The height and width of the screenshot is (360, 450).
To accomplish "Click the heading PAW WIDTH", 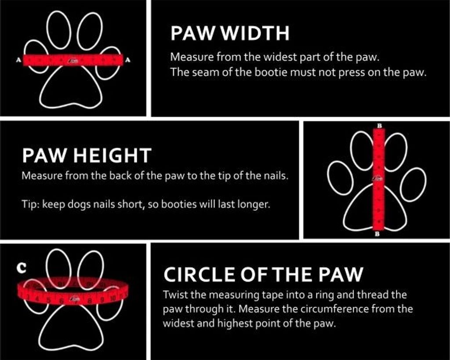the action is pyautogui.click(x=230, y=33).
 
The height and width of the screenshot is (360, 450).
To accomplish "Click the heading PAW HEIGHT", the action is pyautogui.click(x=87, y=155).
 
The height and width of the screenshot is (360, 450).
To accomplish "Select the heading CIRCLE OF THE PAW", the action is pyautogui.click(x=263, y=274).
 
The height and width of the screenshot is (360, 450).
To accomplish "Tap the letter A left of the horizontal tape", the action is pyautogui.click(x=19, y=60).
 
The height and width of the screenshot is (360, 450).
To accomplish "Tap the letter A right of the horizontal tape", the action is pyautogui.click(x=128, y=60).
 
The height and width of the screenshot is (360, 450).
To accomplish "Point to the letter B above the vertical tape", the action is pyautogui.click(x=379, y=125).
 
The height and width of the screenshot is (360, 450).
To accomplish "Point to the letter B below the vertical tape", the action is pyautogui.click(x=377, y=234).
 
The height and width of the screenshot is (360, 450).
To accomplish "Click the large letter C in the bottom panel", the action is pyautogui.click(x=22, y=268).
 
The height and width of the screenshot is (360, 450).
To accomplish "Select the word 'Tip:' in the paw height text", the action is pyautogui.click(x=30, y=204).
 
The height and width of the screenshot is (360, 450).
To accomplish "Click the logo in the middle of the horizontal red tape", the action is pyautogui.click(x=73, y=60).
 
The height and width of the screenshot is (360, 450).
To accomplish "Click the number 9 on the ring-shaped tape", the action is pyautogui.click(x=102, y=299).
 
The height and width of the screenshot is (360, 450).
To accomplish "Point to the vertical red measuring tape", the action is pyautogui.click(x=379, y=179).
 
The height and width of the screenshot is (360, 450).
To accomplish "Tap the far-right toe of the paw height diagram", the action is pyautogui.click(x=413, y=184).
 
